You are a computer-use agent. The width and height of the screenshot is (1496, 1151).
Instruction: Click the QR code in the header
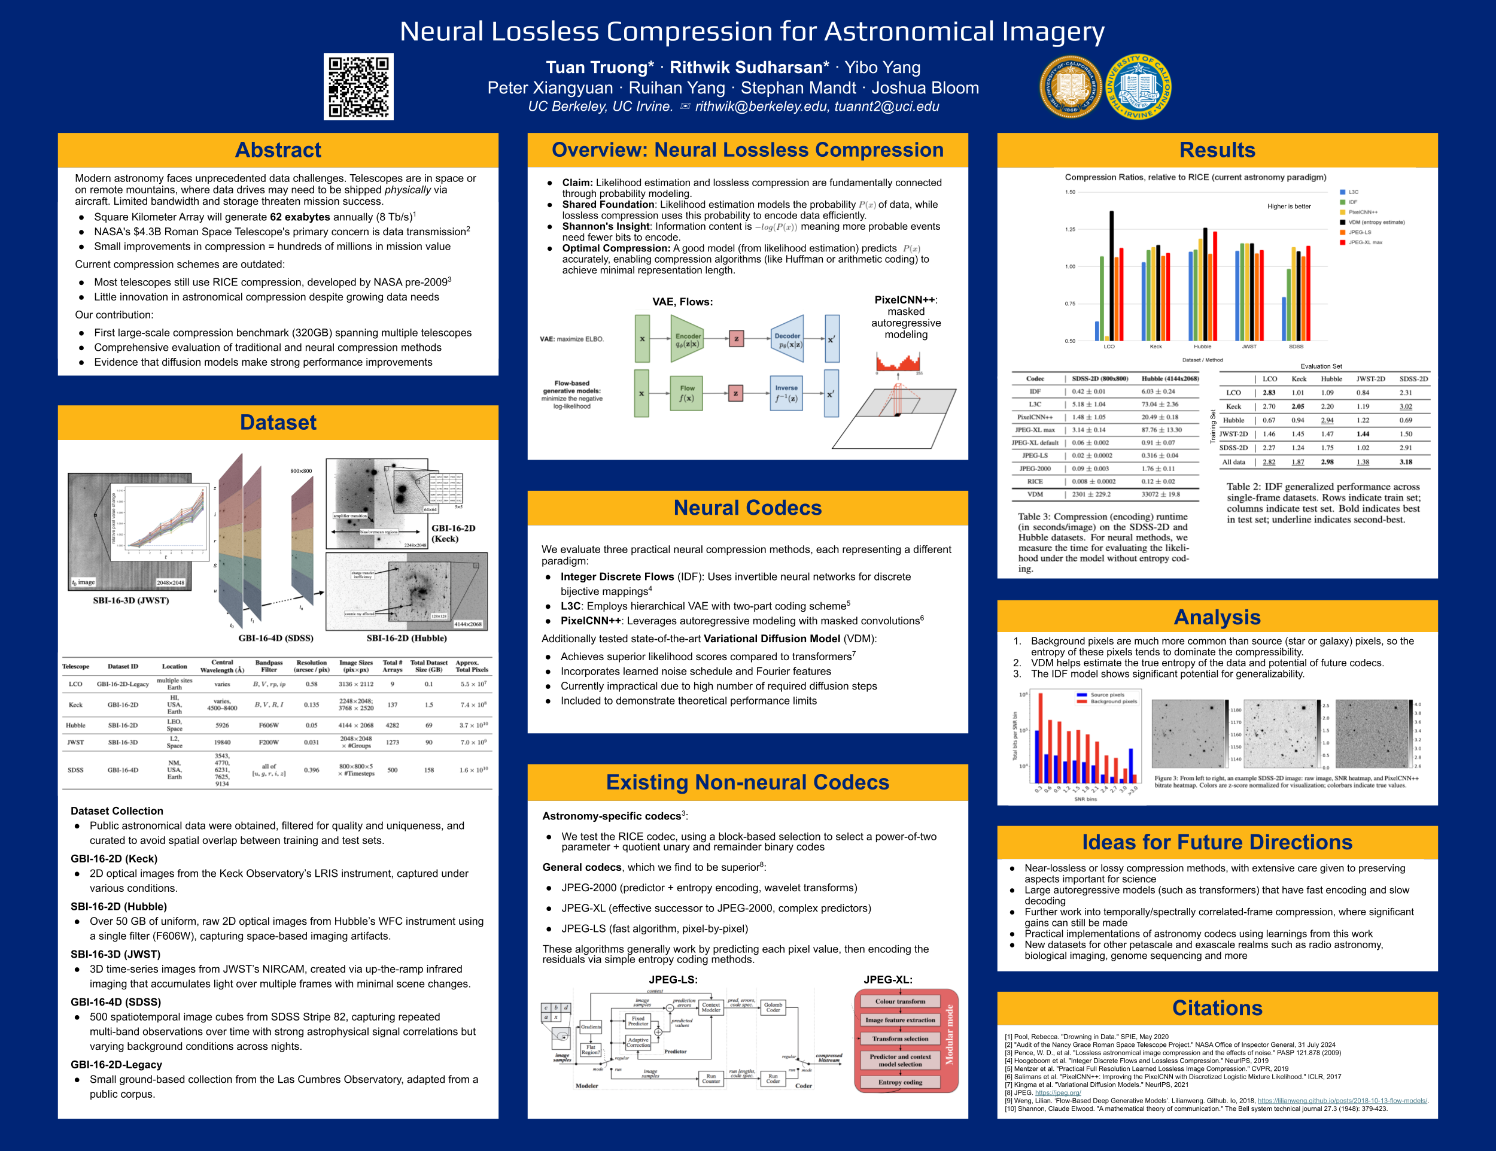(x=358, y=87)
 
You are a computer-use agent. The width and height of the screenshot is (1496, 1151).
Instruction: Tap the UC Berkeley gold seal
(x=1070, y=87)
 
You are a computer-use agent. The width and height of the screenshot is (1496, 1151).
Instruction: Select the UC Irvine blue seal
(x=1138, y=87)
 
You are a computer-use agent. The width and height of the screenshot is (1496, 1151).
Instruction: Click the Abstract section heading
(x=278, y=150)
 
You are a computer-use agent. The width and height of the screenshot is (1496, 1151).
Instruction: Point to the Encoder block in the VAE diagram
(x=687, y=339)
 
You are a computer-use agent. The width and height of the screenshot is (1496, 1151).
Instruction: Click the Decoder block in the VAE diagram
(x=787, y=339)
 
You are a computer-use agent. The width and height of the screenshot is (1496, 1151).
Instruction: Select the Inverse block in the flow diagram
(x=786, y=393)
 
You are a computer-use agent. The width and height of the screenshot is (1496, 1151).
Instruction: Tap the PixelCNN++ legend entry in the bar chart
(x=1363, y=212)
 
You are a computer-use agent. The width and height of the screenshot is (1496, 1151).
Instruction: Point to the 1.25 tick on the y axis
(x=1070, y=229)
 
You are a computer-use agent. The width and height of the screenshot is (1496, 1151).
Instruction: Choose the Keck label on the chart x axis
(x=1156, y=347)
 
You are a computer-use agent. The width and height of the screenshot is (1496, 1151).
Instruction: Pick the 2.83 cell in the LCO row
(x=1269, y=393)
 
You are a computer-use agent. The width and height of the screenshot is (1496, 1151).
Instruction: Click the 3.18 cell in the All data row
(x=1406, y=461)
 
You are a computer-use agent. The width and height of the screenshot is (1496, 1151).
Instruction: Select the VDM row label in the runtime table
(x=1035, y=494)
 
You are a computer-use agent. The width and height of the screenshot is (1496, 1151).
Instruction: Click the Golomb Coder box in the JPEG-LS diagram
(x=773, y=1007)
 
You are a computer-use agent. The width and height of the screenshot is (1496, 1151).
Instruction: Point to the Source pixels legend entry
(x=1107, y=695)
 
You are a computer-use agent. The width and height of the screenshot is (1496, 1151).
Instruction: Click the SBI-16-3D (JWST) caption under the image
(x=131, y=600)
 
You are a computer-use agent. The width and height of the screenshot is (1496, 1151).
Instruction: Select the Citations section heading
(x=1217, y=1008)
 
